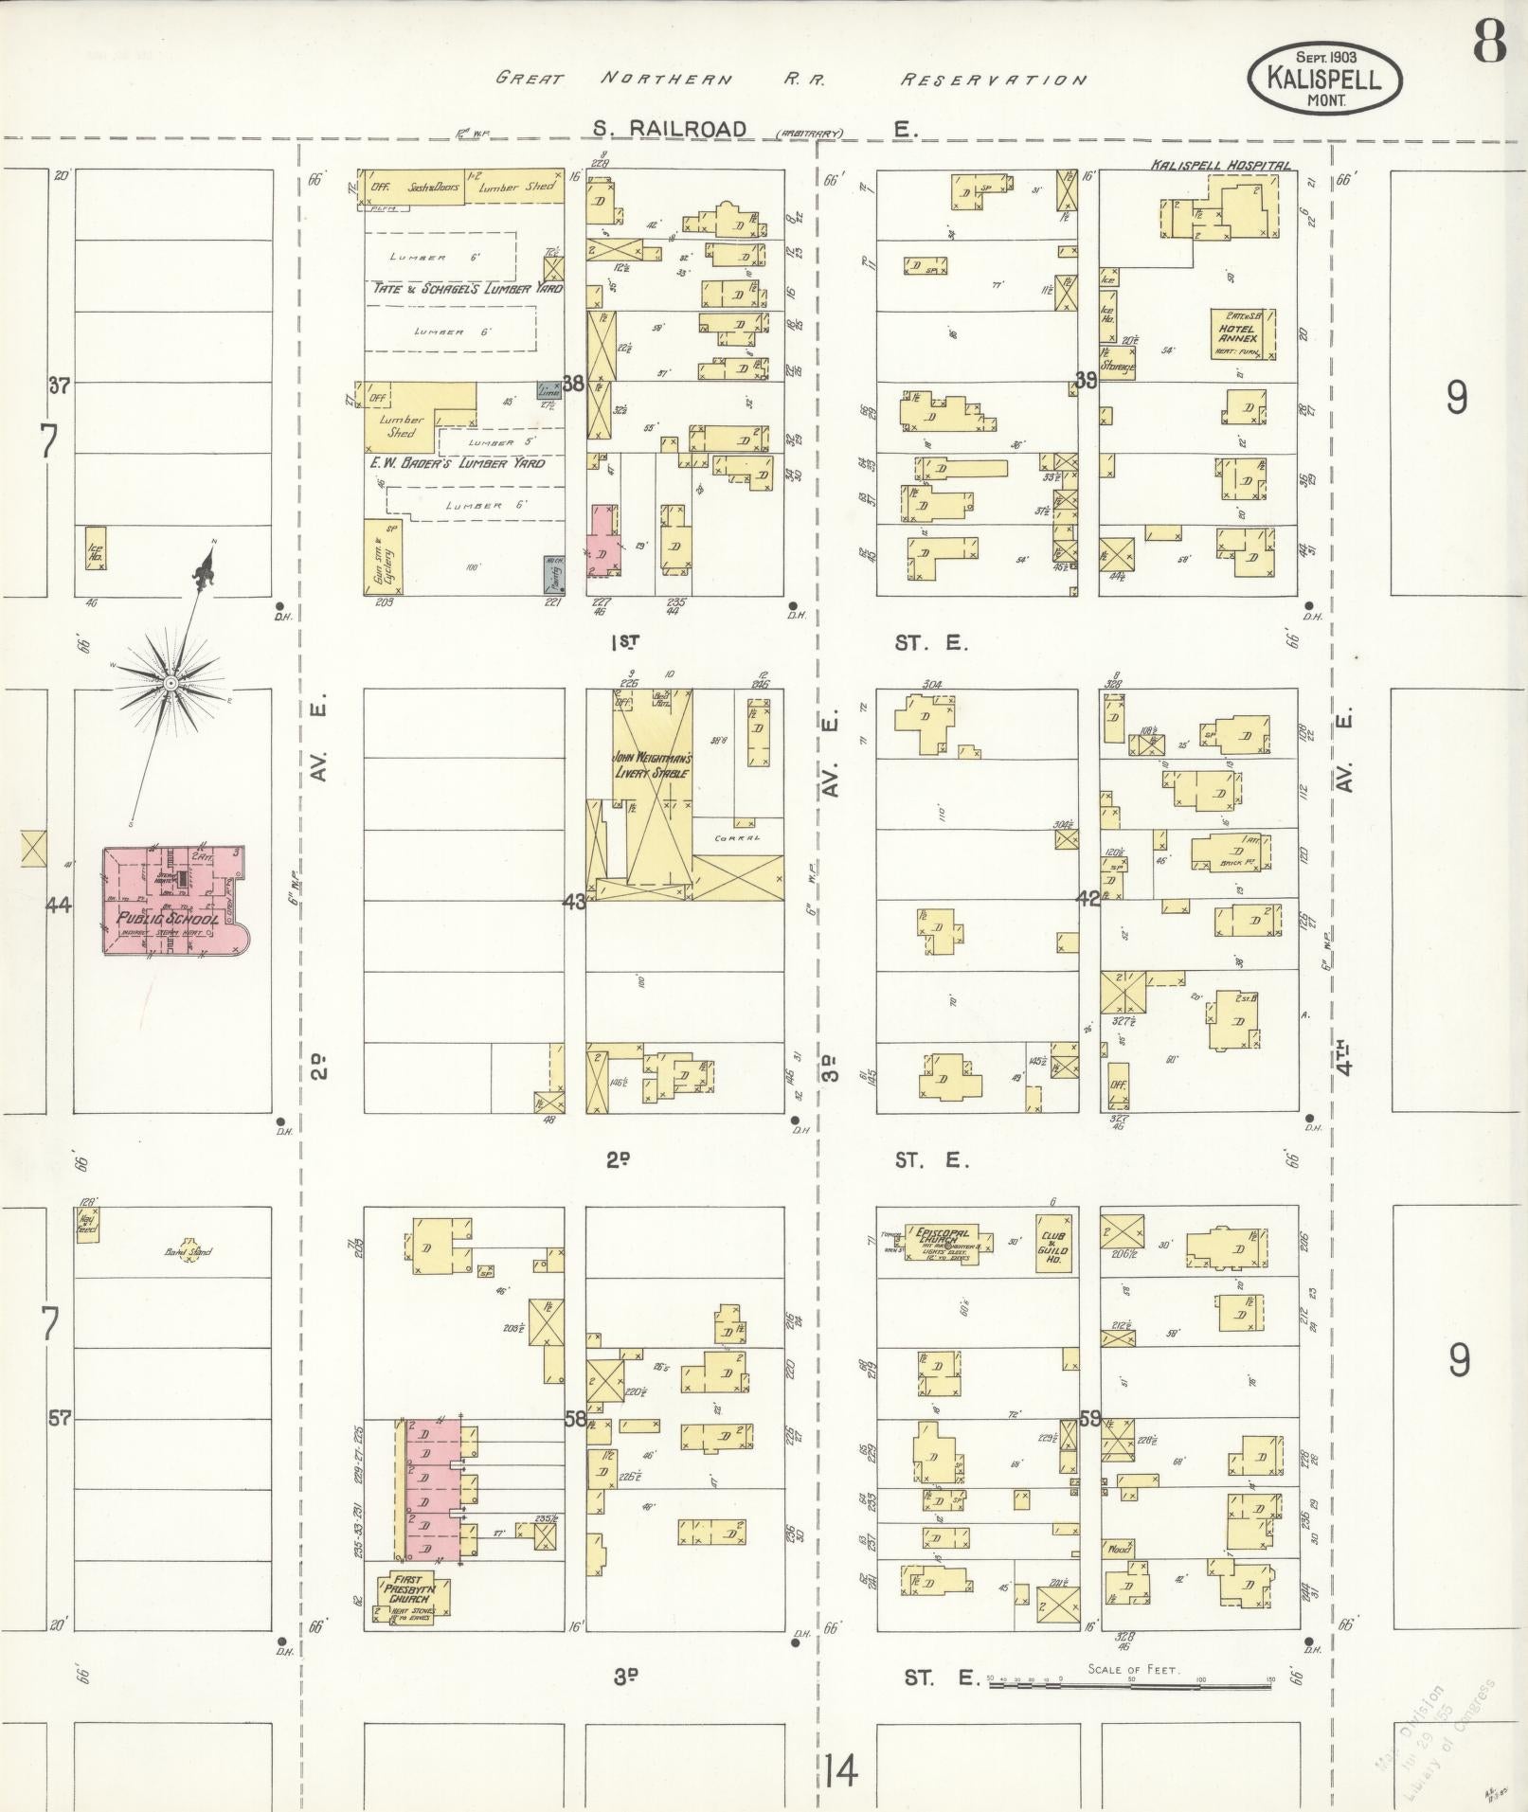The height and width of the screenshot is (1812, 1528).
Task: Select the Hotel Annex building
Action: click(x=1242, y=333)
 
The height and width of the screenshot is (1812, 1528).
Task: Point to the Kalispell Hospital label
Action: click(x=1220, y=165)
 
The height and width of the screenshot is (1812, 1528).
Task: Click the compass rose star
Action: click(x=171, y=683)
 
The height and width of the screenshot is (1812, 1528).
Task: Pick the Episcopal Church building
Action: click(x=943, y=1242)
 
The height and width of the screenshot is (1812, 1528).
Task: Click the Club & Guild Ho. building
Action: click(x=1054, y=1242)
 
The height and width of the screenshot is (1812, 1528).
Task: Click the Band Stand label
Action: click(x=189, y=1252)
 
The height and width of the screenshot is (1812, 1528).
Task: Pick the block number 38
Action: click(x=574, y=384)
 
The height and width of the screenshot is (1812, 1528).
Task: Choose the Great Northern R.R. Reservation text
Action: click(x=791, y=80)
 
